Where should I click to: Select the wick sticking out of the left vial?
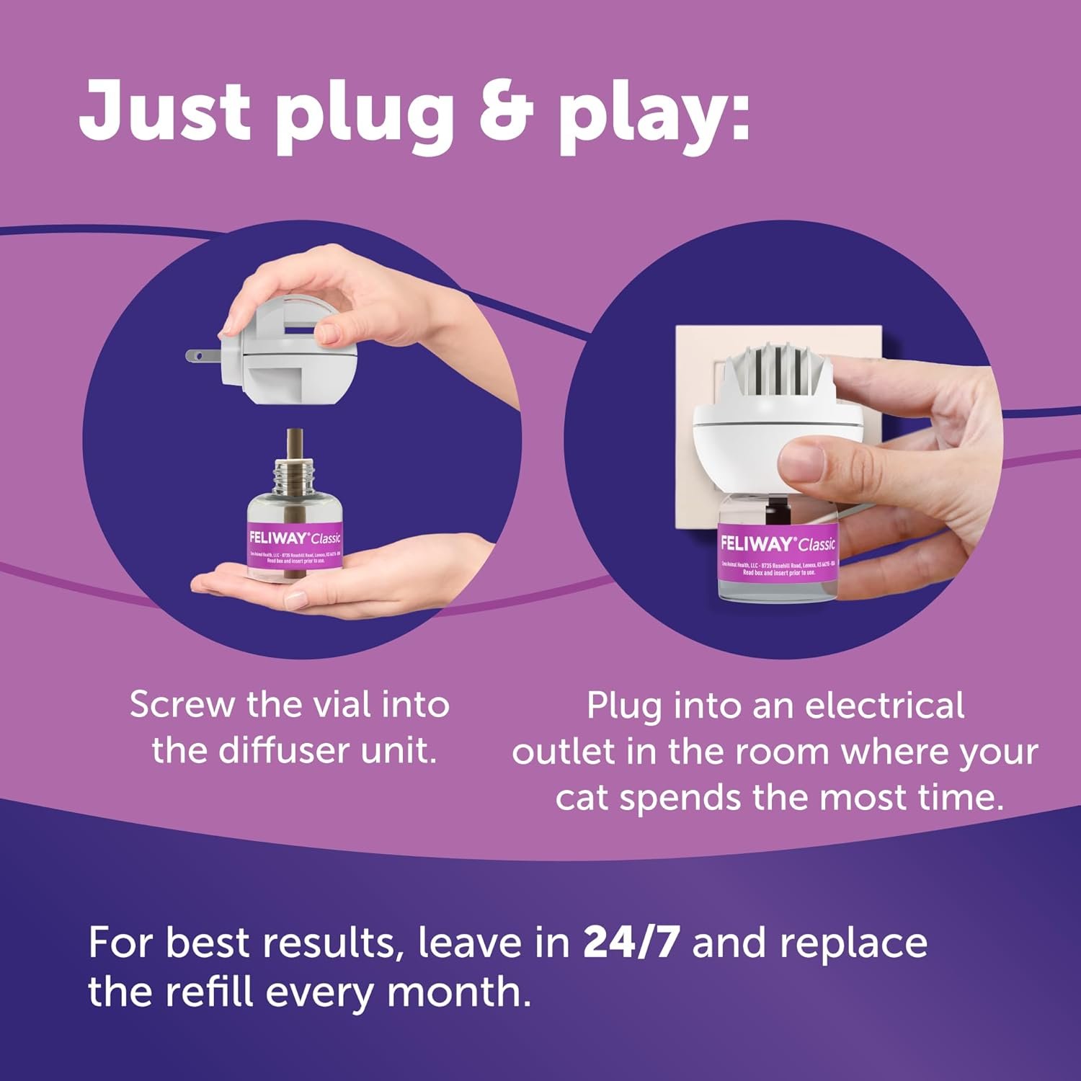pos(294,447)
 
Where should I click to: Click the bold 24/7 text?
pos(631,942)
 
